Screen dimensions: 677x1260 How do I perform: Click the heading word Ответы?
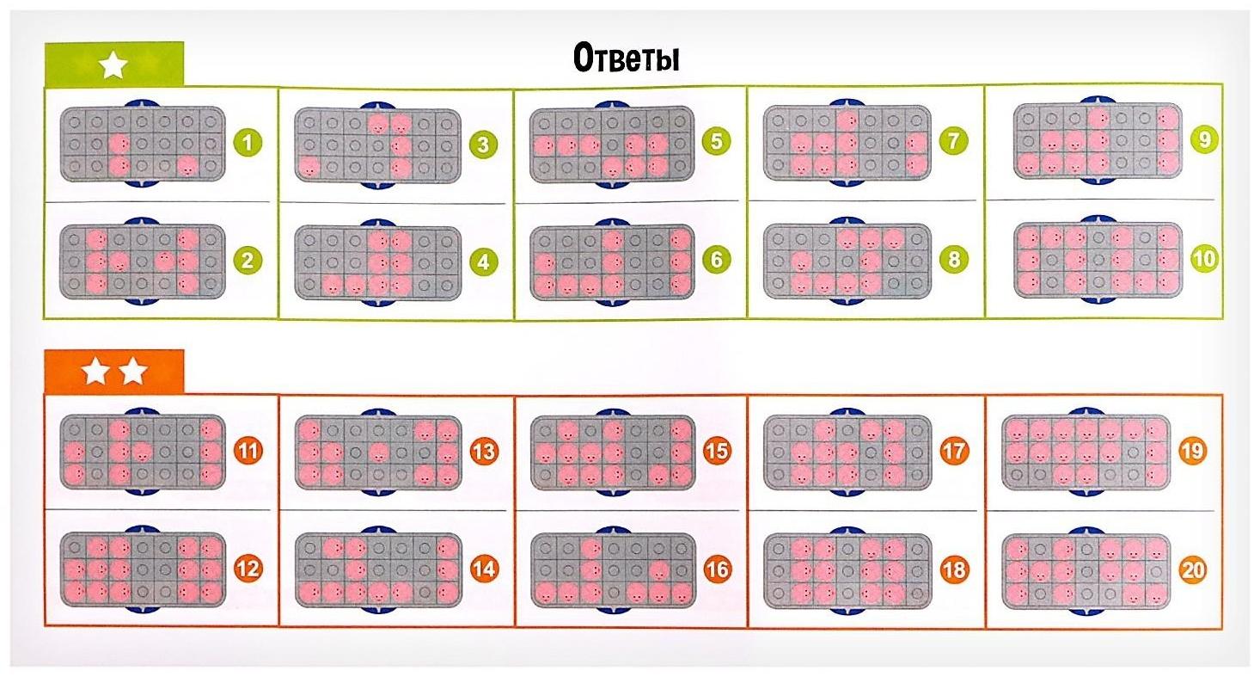coord(626,59)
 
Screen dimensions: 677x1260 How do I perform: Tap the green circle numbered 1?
coord(248,142)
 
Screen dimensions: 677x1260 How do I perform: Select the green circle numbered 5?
coord(717,140)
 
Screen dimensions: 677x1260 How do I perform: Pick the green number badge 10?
coord(1203,258)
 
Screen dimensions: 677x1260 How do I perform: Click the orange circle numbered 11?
coord(248,450)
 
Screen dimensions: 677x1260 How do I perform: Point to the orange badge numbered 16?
coord(717,569)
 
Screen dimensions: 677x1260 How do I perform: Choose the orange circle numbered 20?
coord(1192,569)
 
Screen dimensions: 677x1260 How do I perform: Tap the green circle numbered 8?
coord(952,258)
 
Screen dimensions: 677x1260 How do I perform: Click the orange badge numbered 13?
coord(483,450)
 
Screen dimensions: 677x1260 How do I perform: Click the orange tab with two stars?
coord(114,372)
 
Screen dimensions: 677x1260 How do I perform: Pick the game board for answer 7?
coord(847,141)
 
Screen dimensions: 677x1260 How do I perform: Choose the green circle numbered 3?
coord(483,144)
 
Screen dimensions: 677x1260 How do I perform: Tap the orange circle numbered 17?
coord(953,450)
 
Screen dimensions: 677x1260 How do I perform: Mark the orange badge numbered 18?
coord(953,569)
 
